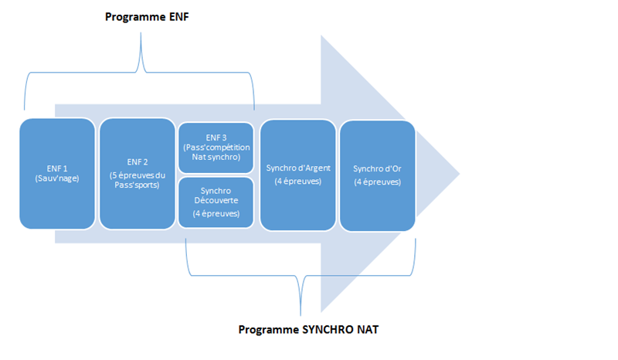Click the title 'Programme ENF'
pyautogui.click(x=147, y=17)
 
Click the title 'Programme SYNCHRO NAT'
pyautogui.click(x=308, y=330)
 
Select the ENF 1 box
pyautogui.click(x=57, y=174)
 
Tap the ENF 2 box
pyautogui.click(x=138, y=174)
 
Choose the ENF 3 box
pyautogui.click(x=216, y=148)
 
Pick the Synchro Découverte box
pyautogui.click(x=216, y=202)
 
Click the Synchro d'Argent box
pyautogui.click(x=298, y=175)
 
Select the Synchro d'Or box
pyautogui.click(x=377, y=176)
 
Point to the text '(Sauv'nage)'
pyautogui.click(x=57, y=178)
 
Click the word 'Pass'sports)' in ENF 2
pyautogui.click(x=138, y=185)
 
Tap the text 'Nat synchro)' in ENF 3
pyautogui.click(x=216, y=157)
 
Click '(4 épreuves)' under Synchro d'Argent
pyautogui.click(x=298, y=182)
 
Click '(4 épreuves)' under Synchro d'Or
pyautogui.click(x=377, y=182)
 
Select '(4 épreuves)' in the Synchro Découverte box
pyautogui.click(x=216, y=214)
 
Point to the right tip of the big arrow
pyautogui.click(x=460, y=174)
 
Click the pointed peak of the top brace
pyautogui.click(x=141, y=33)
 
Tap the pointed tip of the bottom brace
pyautogui.click(x=301, y=314)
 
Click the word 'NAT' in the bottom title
pyautogui.click(x=368, y=330)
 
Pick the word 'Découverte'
pyautogui.click(x=216, y=200)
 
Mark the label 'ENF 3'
pyautogui.click(x=216, y=138)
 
